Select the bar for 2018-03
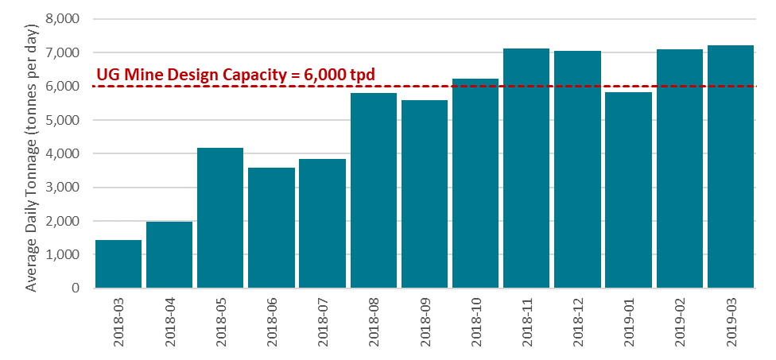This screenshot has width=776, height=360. pos(118,263)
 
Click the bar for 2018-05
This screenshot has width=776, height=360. pos(220,218)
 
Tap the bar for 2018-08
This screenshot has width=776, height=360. pos(374,190)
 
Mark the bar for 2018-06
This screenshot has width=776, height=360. pos(271,227)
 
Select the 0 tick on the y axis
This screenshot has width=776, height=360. pos(76,288)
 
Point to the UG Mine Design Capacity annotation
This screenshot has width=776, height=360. pos(235,75)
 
